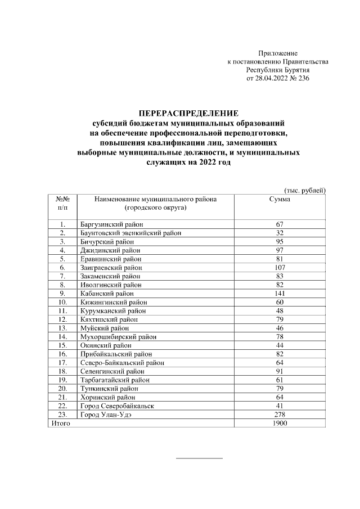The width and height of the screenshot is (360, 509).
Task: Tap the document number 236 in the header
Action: (303, 79)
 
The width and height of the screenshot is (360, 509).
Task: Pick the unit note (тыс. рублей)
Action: (304, 190)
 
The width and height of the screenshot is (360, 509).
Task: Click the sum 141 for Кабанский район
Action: (280, 293)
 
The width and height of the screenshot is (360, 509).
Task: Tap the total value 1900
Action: (280, 422)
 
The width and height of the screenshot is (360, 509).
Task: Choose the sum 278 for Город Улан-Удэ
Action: (280, 414)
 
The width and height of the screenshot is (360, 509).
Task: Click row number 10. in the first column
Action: (63, 302)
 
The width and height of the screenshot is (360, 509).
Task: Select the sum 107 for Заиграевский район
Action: (280, 267)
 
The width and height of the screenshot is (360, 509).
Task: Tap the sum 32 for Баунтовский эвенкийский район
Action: (280, 233)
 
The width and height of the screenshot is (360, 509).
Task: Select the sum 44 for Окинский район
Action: (280, 345)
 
